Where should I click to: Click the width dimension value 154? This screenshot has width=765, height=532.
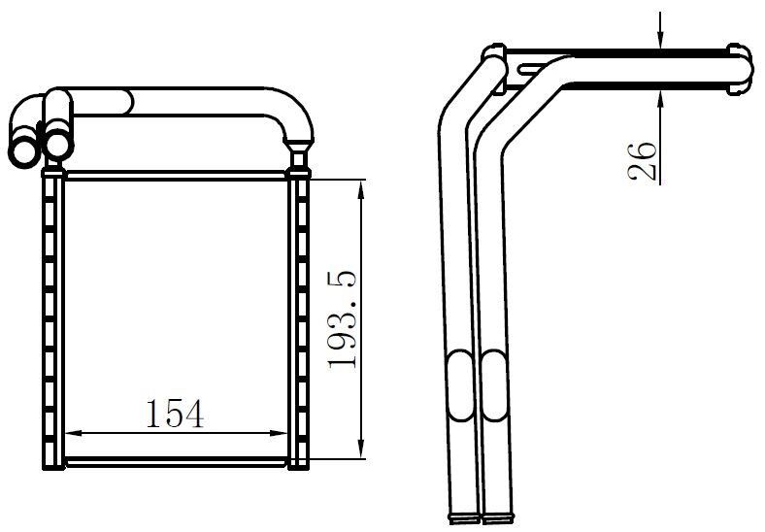176,414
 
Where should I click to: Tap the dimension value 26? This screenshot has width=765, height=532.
642,159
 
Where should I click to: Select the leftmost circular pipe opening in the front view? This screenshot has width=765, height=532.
21,150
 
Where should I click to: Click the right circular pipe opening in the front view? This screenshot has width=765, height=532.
58,144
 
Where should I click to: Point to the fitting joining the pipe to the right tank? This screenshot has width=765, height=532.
299,151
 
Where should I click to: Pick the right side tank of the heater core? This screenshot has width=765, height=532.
300,320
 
